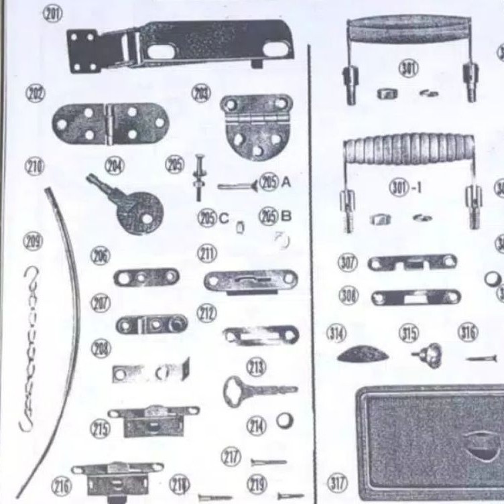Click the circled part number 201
(x=52, y=13)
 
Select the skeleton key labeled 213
(x=258, y=390)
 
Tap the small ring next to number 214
(x=285, y=421)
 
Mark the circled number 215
(x=100, y=430)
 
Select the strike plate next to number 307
(x=412, y=263)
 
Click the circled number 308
(x=348, y=295)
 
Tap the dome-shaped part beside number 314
(x=362, y=354)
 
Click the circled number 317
(x=338, y=482)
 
